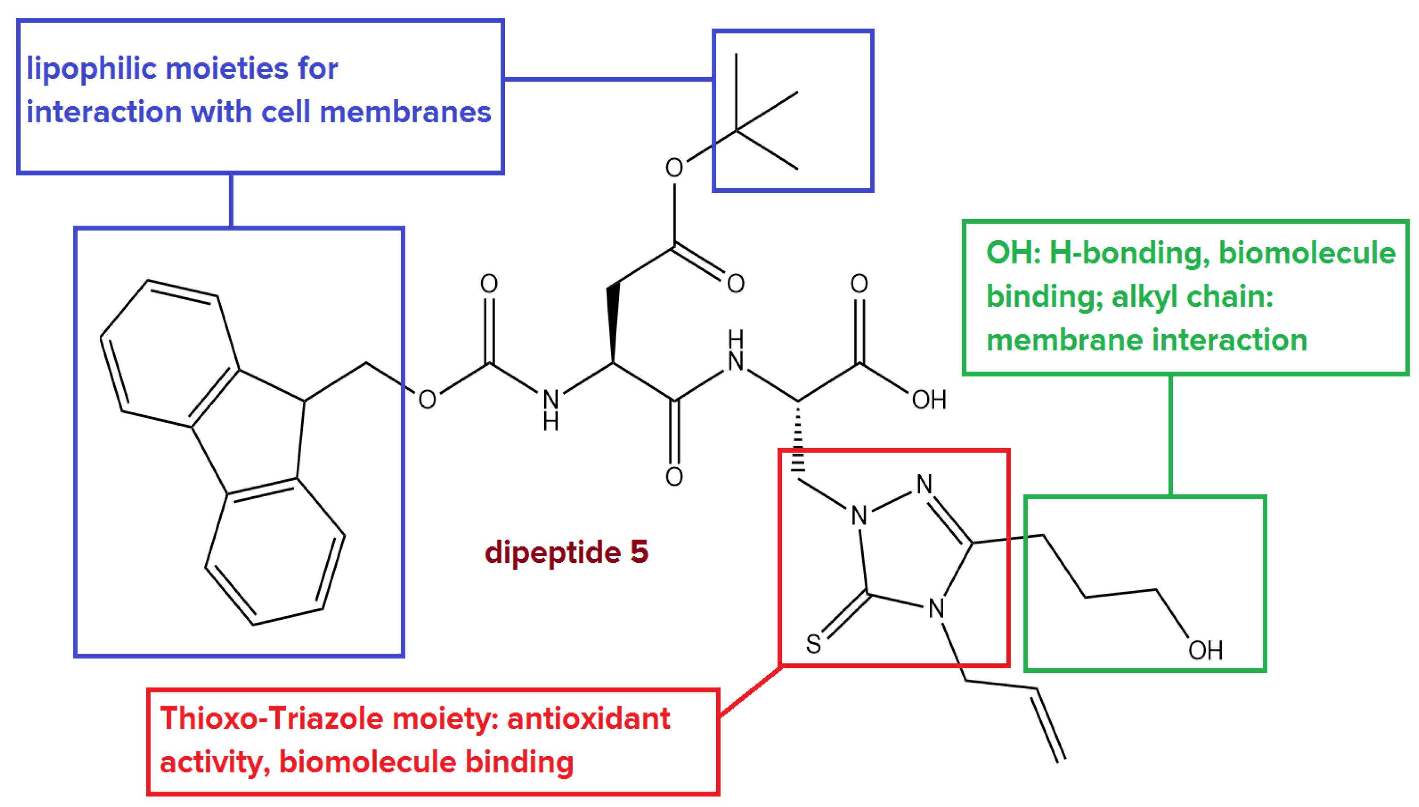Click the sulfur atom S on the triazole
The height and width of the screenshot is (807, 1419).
(x=813, y=644)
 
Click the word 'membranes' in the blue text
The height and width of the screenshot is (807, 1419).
(x=405, y=113)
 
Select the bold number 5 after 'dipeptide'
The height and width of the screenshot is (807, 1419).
(x=639, y=552)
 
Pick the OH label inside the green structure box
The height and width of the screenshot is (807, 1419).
(x=1205, y=650)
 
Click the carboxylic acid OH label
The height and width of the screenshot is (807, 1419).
(x=929, y=400)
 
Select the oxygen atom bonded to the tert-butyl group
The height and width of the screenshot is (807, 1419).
(x=674, y=167)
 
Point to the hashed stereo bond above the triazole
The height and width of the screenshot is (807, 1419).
(x=798, y=441)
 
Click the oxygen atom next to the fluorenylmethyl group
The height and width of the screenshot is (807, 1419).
(x=427, y=400)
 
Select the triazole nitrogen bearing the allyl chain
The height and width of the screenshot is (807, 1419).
(x=936, y=608)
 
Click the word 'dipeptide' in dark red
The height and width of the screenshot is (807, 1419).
(x=552, y=553)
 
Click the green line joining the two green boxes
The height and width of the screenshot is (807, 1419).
(x=1170, y=435)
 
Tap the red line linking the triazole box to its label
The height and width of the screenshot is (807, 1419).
(x=751, y=691)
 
